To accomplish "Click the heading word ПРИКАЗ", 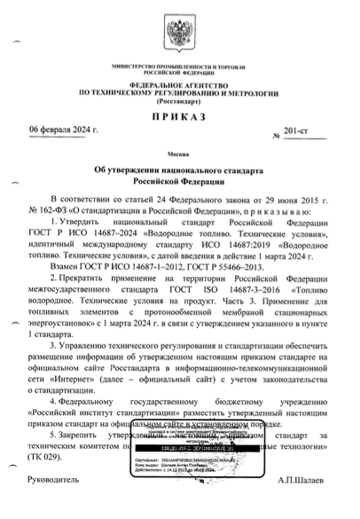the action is tap(180, 117).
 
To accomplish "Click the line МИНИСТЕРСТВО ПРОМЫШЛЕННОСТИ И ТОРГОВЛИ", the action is tap(180, 67).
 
